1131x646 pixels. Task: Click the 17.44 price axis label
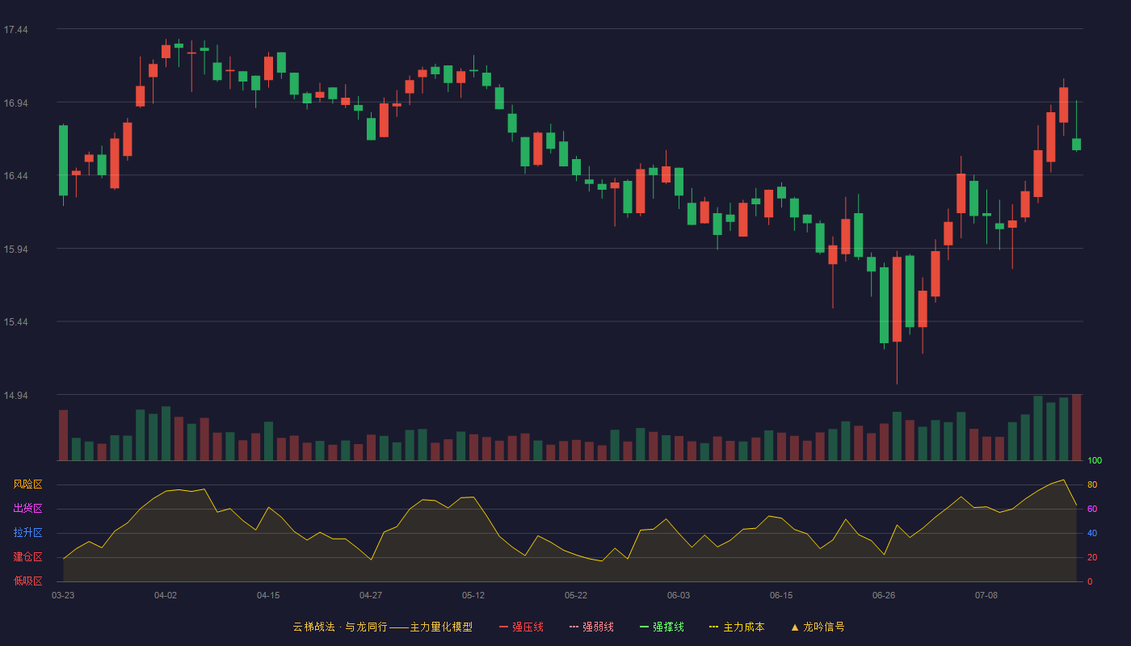pyautogui.click(x=15, y=30)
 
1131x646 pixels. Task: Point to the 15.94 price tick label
pyautogui.click(x=15, y=250)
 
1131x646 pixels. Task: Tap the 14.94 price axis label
pyautogui.click(x=15, y=396)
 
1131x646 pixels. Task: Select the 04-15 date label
pyautogui.click(x=268, y=596)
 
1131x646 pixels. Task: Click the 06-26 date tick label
pyautogui.click(x=884, y=596)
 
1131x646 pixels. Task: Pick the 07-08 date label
pyautogui.click(x=986, y=596)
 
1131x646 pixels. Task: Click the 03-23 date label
pyautogui.click(x=63, y=596)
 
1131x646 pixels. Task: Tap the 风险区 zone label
pyautogui.click(x=27, y=484)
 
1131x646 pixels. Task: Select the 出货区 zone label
pyautogui.click(x=27, y=508)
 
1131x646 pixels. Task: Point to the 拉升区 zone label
pyautogui.click(x=27, y=532)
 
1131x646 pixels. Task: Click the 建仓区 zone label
pyautogui.click(x=27, y=556)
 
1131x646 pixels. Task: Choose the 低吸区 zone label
pyautogui.click(x=27, y=581)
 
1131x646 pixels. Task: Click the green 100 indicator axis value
pyautogui.click(x=1095, y=460)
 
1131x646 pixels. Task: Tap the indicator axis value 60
pyautogui.click(x=1092, y=509)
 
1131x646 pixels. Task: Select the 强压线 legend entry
pyautogui.click(x=521, y=627)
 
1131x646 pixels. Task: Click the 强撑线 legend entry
pyautogui.click(x=662, y=627)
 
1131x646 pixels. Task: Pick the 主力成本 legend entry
pyautogui.click(x=737, y=627)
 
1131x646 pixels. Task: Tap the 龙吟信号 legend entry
pyautogui.click(x=818, y=627)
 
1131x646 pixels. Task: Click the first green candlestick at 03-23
pyautogui.click(x=63, y=161)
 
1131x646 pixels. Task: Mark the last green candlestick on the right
pyautogui.click(x=1076, y=144)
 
